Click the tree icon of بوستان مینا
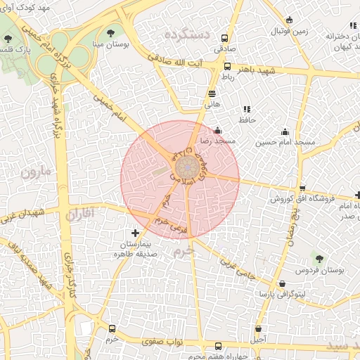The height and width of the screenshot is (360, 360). point(110,32)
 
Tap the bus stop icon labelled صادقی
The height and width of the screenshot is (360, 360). point(225,39)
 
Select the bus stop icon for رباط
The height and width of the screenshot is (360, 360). point(227,67)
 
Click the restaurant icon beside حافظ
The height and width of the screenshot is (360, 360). point(246,109)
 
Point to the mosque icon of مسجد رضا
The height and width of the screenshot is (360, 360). point(217,130)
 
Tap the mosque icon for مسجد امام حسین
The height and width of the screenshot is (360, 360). point(285,131)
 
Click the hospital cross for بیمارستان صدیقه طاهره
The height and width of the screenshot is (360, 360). point(136,232)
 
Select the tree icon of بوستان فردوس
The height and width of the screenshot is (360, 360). point(320,259)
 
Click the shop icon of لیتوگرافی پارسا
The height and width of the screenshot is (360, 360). point(282,283)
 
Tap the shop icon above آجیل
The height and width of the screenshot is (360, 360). point(259,328)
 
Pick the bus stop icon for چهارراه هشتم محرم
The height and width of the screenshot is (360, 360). point(218,346)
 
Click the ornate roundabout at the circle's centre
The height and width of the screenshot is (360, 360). point(186,167)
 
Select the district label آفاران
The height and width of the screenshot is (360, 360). point(79,214)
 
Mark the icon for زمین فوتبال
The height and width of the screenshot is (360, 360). point(289,20)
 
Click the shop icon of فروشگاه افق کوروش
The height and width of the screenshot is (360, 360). point(302,188)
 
